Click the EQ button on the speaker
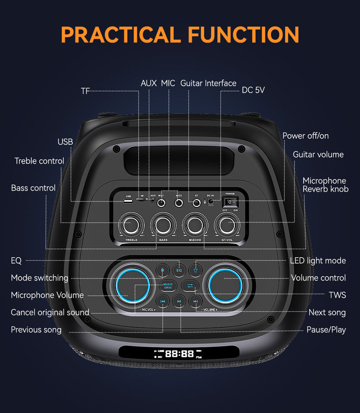[179, 270]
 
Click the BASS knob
[163, 224]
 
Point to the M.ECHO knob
[194, 224]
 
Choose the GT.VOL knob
[226, 224]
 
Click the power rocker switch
[230, 202]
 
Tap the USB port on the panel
[128, 201]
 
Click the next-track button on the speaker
[195, 301]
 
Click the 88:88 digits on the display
[179, 354]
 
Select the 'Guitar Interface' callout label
[208, 83]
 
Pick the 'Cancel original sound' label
[50, 312]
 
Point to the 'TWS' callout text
[338, 295]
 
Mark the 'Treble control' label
[39, 161]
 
